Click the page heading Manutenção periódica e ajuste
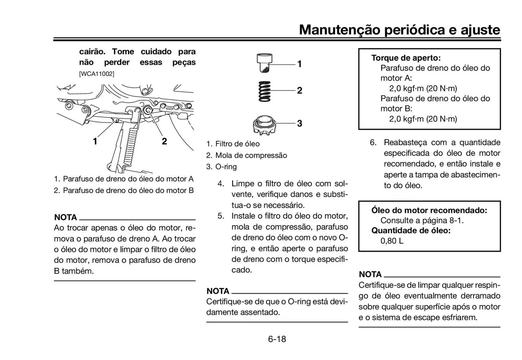399,30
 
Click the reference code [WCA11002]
97,74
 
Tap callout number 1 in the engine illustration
95,141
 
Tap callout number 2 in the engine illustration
164,141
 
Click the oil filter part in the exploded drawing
264,63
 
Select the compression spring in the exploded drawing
265,91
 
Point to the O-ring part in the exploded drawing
264,125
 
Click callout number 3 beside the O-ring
299,124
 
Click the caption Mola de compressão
251,155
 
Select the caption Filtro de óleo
237,144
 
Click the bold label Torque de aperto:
406,58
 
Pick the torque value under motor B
423,119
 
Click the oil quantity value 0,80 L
392,241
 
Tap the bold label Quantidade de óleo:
411,230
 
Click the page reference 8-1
456,220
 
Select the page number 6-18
277,339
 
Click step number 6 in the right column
373,142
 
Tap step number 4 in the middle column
220,183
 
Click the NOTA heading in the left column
66,217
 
